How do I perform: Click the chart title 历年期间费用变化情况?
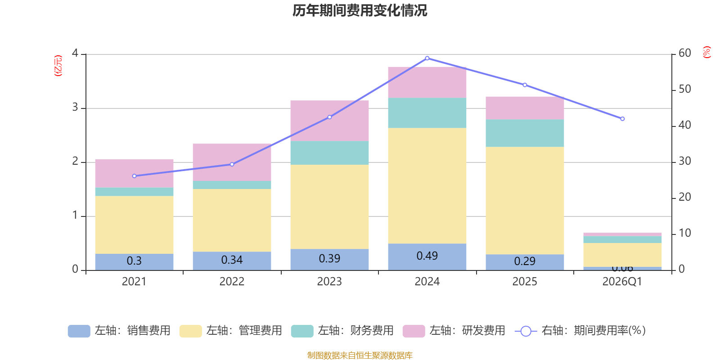(x=360, y=10)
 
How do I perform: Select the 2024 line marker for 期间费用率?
(x=427, y=58)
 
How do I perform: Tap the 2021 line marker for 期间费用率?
(x=134, y=176)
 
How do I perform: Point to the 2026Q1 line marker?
(x=622, y=119)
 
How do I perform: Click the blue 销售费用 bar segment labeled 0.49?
(x=427, y=256)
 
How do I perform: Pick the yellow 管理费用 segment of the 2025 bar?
(x=525, y=200)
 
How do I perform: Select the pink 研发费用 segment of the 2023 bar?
(x=329, y=121)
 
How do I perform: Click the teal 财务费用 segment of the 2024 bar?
(x=427, y=113)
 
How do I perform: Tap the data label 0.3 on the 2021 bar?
(x=134, y=261)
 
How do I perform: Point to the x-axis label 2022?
(x=232, y=282)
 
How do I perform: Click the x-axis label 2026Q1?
(x=622, y=282)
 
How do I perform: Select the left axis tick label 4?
(x=75, y=53)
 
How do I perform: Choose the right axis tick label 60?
(x=684, y=53)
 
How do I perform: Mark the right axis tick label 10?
(x=684, y=233)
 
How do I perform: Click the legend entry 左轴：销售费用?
(x=119, y=331)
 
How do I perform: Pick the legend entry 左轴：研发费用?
(x=454, y=331)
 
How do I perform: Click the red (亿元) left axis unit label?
(x=58, y=66)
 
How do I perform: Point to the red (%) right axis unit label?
(x=707, y=52)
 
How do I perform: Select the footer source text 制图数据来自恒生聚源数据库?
(x=360, y=355)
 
